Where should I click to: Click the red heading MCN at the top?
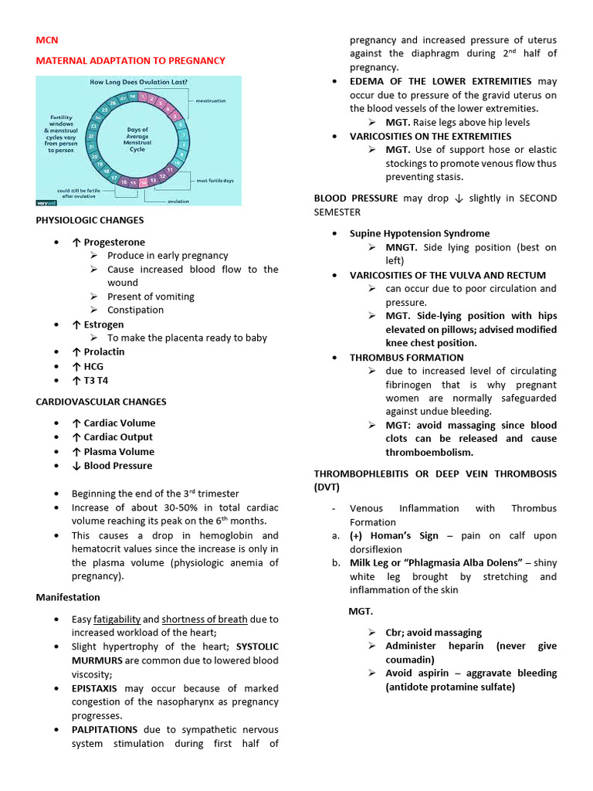click(x=47, y=40)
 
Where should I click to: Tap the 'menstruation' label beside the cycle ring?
click(x=216, y=101)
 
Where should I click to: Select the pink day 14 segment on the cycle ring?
click(x=142, y=183)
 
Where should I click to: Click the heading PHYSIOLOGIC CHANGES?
click(x=90, y=221)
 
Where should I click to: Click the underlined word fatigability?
click(x=117, y=619)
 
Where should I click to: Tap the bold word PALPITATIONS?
click(x=104, y=729)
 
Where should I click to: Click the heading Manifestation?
click(x=68, y=597)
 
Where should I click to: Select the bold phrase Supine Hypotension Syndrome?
click(x=419, y=233)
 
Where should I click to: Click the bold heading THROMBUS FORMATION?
click(x=406, y=358)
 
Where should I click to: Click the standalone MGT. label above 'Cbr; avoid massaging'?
click(x=361, y=611)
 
